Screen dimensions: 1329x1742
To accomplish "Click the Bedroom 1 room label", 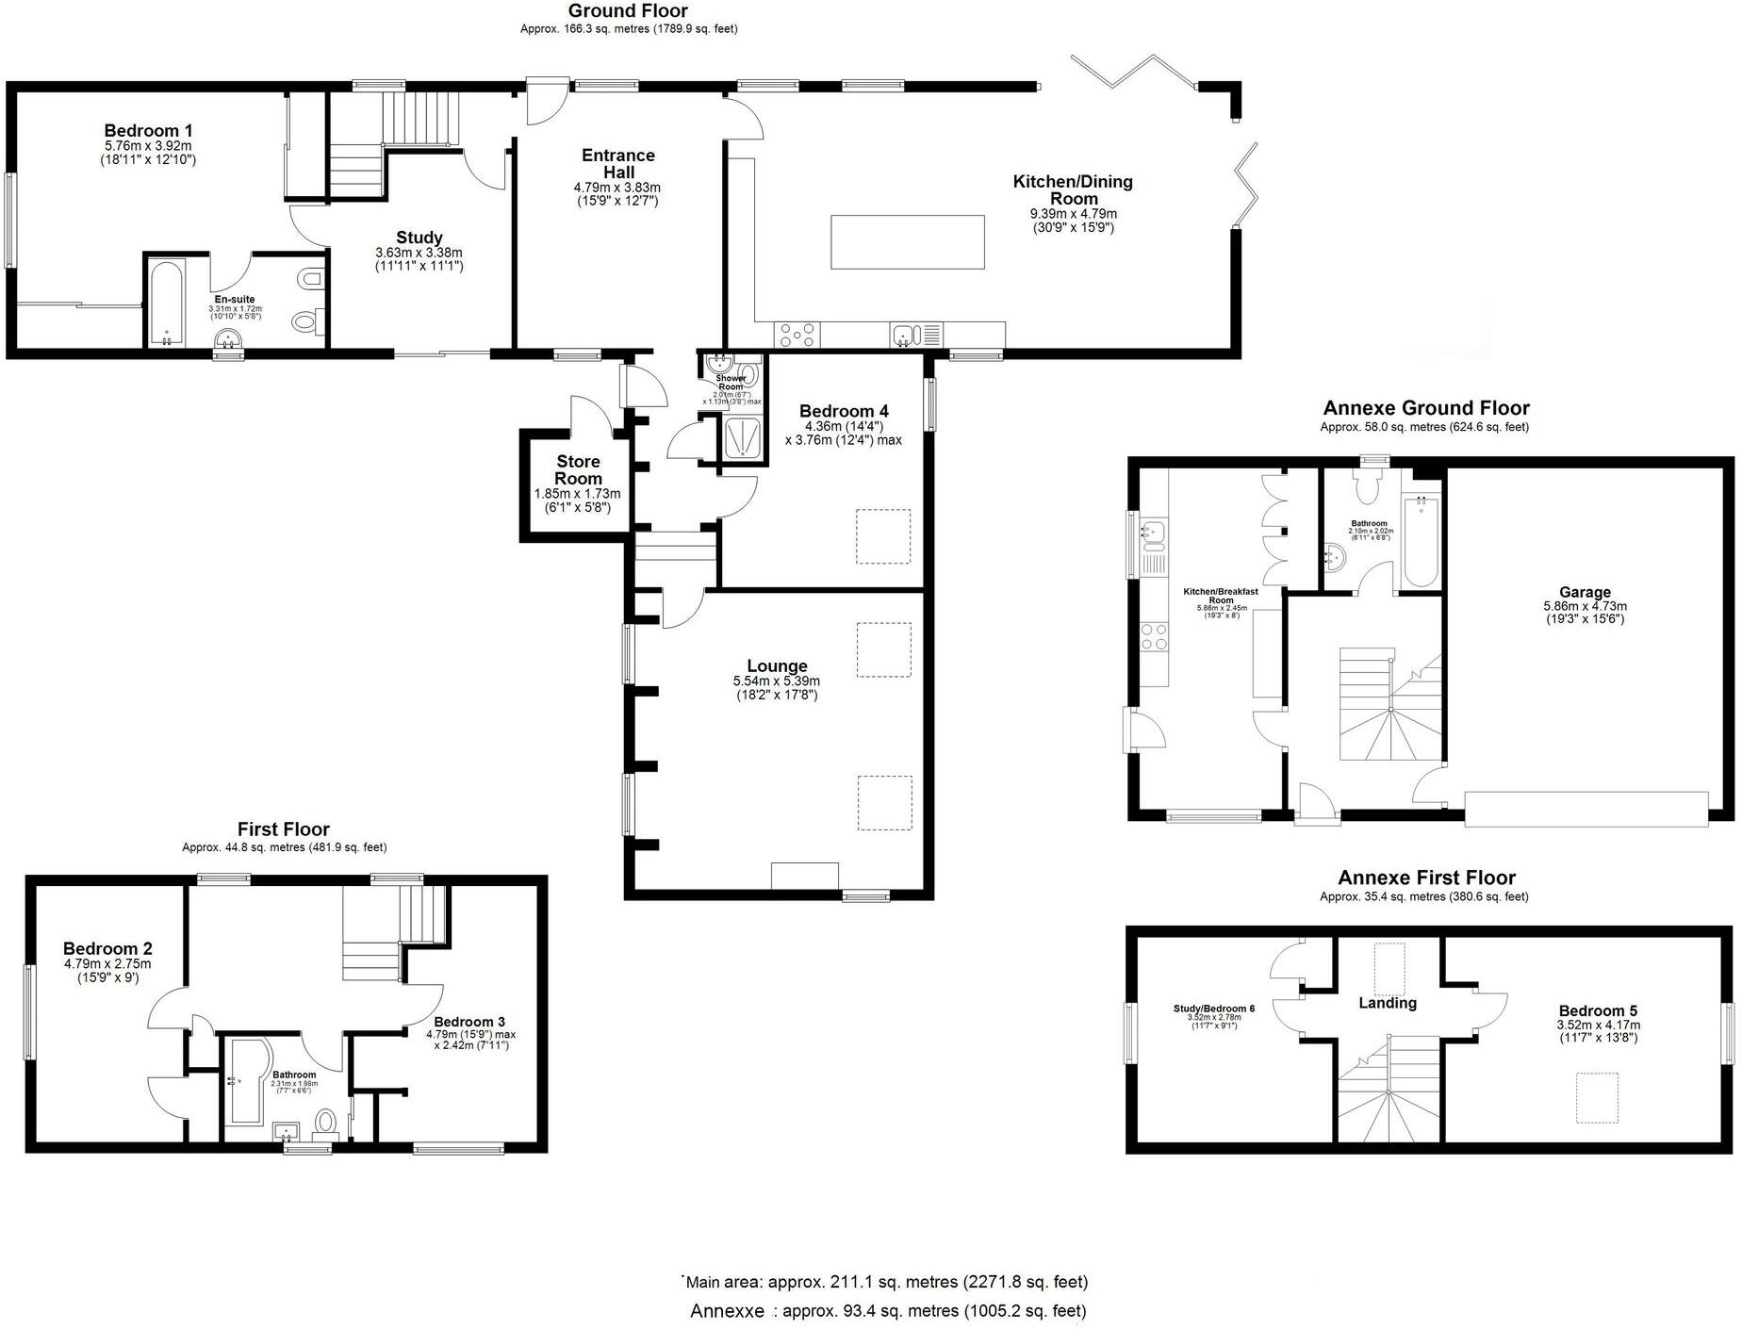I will tap(148, 131).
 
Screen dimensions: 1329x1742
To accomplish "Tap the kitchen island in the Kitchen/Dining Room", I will tap(907, 241).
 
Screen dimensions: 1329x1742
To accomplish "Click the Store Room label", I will tap(577, 469).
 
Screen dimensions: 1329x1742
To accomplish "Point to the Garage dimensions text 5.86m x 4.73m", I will tap(1585, 606).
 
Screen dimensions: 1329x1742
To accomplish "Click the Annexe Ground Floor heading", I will tap(1425, 408).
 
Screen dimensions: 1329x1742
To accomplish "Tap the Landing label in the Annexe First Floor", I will tap(1387, 1003).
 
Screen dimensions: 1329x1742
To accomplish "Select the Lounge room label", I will tap(777, 665).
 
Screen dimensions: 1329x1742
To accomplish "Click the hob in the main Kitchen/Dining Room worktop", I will tap(797, 335).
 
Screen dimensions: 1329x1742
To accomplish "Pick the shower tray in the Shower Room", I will tap(743, 438).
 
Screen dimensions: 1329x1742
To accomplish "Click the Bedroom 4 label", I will tap(843, 411).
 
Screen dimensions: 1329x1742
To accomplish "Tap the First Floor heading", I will tap(283, 829).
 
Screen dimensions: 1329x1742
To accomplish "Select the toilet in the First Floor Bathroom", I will tap(325, 1122).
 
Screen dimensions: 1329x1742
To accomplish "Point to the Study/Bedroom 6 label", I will tap(1213, 1009).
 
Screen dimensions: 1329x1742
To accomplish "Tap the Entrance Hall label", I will tap(617, 163).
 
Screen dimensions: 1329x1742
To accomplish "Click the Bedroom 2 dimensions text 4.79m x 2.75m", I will tap(107, 964).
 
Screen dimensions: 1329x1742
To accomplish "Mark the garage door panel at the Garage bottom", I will tap(1586, 809).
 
